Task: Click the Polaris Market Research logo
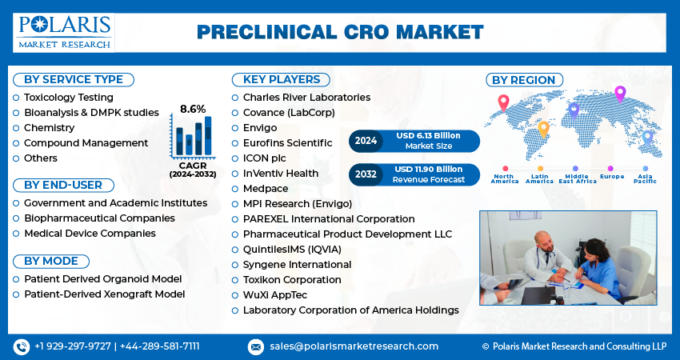tap(64, 31)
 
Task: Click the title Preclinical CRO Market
tap(340, 32)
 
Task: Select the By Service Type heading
tap(74, 79)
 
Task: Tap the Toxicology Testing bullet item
tap(68, 97)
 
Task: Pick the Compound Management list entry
tap(86, 142)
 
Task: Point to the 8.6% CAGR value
tap(193, 109)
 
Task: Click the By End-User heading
tap(63, 185)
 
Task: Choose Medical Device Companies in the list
tap(90, 233)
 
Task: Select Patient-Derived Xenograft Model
tap(104, 294)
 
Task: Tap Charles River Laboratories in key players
tap(306, 97)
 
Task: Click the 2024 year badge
tap(366, 141)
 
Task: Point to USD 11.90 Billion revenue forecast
tap(428, 169)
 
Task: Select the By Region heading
tap(523, 79)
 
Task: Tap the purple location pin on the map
tap(619, 94)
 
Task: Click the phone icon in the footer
tap(21, 346)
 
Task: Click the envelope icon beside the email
tap(255, 346)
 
